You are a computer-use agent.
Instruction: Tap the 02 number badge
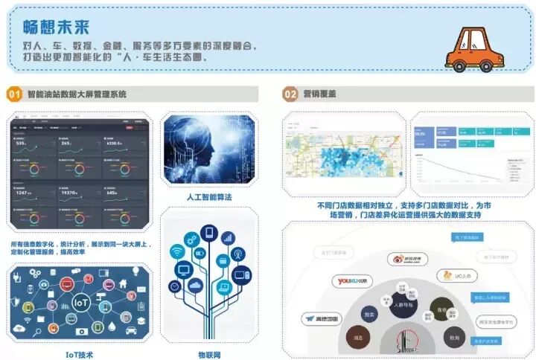pyautogui.click(x=290, y=94)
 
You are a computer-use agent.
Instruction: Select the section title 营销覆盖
pyautogui.click(x=319, y=94)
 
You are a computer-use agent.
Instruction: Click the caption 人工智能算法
pyautogui.click(x=208, y=197)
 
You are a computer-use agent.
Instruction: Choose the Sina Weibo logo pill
pyautogui.click(x=408, y=260)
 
